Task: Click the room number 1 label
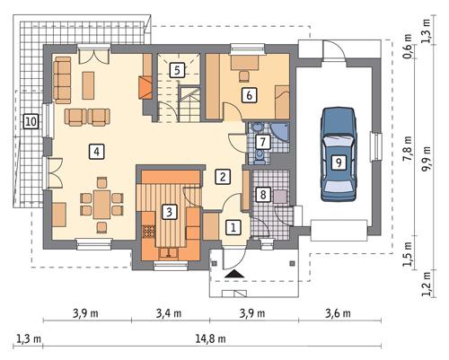click(233, 228)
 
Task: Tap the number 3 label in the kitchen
click(167, 212)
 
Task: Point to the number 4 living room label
click(95, 152)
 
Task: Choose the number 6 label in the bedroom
click(248, 92)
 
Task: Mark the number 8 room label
click(263, 193)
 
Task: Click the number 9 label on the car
click(337, 162)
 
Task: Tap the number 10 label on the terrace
click(31, 121)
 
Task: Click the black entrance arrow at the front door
click(233, 274)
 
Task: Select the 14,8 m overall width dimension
click(213, 338)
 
